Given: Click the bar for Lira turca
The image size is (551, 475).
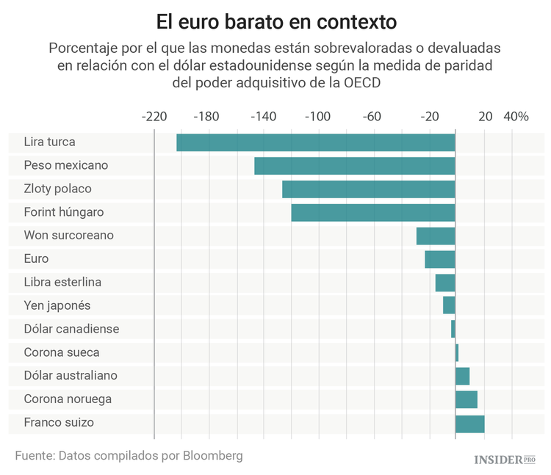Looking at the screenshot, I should (x=316, y=142).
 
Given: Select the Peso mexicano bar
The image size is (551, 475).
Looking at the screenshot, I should (x=355, y=166).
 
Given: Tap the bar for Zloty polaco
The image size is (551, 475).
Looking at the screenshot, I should (x=369, y=189).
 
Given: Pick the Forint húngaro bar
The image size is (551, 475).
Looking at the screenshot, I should (x=373, y=213).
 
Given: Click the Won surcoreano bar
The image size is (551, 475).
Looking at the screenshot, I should (x=436, y=236).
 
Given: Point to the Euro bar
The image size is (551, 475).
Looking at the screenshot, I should (x=440, y=259).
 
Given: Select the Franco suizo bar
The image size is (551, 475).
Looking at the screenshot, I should (x=470, y=424).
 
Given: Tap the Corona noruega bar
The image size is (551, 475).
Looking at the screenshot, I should (x=467, y=400).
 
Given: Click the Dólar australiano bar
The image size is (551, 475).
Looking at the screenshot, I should (x=463, y=377).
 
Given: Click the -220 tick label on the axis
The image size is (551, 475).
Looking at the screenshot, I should (x=154, y=117).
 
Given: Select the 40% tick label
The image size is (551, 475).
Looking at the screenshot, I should (x=516, y=117).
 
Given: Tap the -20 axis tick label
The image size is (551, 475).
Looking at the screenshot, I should (x=429, y=117).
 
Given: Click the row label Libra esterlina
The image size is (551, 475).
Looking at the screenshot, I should (x=62, y=283).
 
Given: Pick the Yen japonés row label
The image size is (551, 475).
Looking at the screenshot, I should (x=57, y=306).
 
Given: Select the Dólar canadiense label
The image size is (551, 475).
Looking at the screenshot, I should (x=71, y=330).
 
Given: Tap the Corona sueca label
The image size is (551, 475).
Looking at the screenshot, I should (x=62, y=353).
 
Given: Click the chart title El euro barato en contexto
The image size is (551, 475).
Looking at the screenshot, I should (x=275, y=20).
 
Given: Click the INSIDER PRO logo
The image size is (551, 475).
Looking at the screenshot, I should (x=505, y=460).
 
